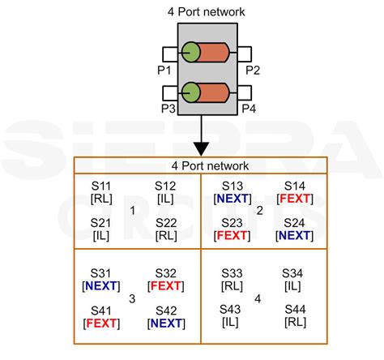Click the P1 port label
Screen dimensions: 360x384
163,70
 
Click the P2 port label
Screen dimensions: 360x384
252,70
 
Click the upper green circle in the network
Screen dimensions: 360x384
192,54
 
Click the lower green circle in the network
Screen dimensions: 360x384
192,92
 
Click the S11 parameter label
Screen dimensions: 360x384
103,186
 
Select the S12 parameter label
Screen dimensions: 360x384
165,186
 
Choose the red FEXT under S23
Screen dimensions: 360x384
233,236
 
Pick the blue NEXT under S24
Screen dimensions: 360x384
295,236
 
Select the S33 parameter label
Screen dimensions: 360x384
233,273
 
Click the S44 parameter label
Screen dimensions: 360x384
295,311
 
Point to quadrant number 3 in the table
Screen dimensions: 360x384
132,299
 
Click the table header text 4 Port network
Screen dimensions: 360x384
201,165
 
